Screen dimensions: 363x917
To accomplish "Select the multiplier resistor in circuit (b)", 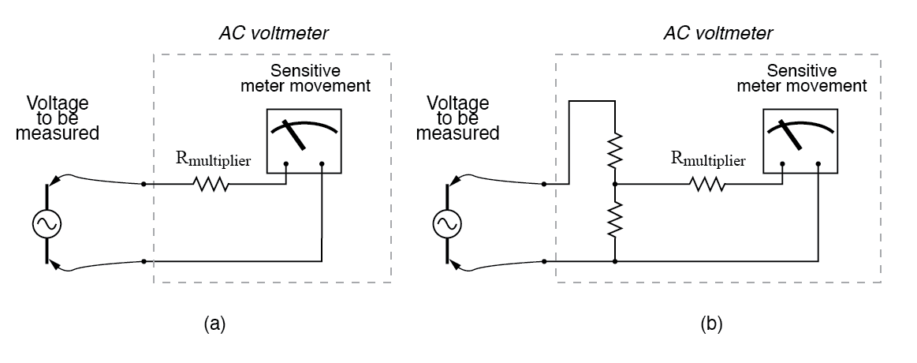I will coord(706,185).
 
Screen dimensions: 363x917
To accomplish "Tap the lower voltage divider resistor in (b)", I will coord(614,221).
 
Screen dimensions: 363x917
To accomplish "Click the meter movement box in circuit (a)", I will coord(304,140).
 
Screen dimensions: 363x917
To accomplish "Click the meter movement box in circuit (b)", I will coord(800,140).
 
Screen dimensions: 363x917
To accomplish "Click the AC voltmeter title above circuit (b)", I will coord(718,33).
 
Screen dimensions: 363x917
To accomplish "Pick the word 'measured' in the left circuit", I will coord(63,133).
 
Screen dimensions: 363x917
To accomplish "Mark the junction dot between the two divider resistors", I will coord(614,185).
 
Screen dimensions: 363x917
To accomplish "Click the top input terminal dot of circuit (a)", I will coord(143,185).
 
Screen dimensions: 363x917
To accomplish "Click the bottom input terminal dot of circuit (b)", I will coord(543,260).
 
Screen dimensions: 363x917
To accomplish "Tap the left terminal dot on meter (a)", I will coord(285,165).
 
